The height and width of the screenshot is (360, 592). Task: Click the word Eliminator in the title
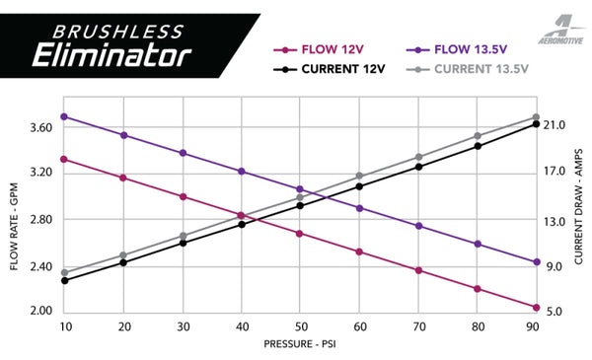(x=111, y=52)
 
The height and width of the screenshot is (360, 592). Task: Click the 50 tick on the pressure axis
(x=300, y=326)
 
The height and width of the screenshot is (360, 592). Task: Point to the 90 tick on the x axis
(x=536, y=326)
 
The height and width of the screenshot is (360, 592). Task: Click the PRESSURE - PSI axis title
(x=300, y=345)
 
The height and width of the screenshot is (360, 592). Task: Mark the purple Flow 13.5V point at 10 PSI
(x=64, y=116)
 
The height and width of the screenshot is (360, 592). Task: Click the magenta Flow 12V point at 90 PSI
(x=536, y=307)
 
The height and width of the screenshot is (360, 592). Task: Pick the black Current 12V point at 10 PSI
(x=64, y=280)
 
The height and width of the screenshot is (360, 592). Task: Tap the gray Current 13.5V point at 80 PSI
(x=478, y=136)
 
